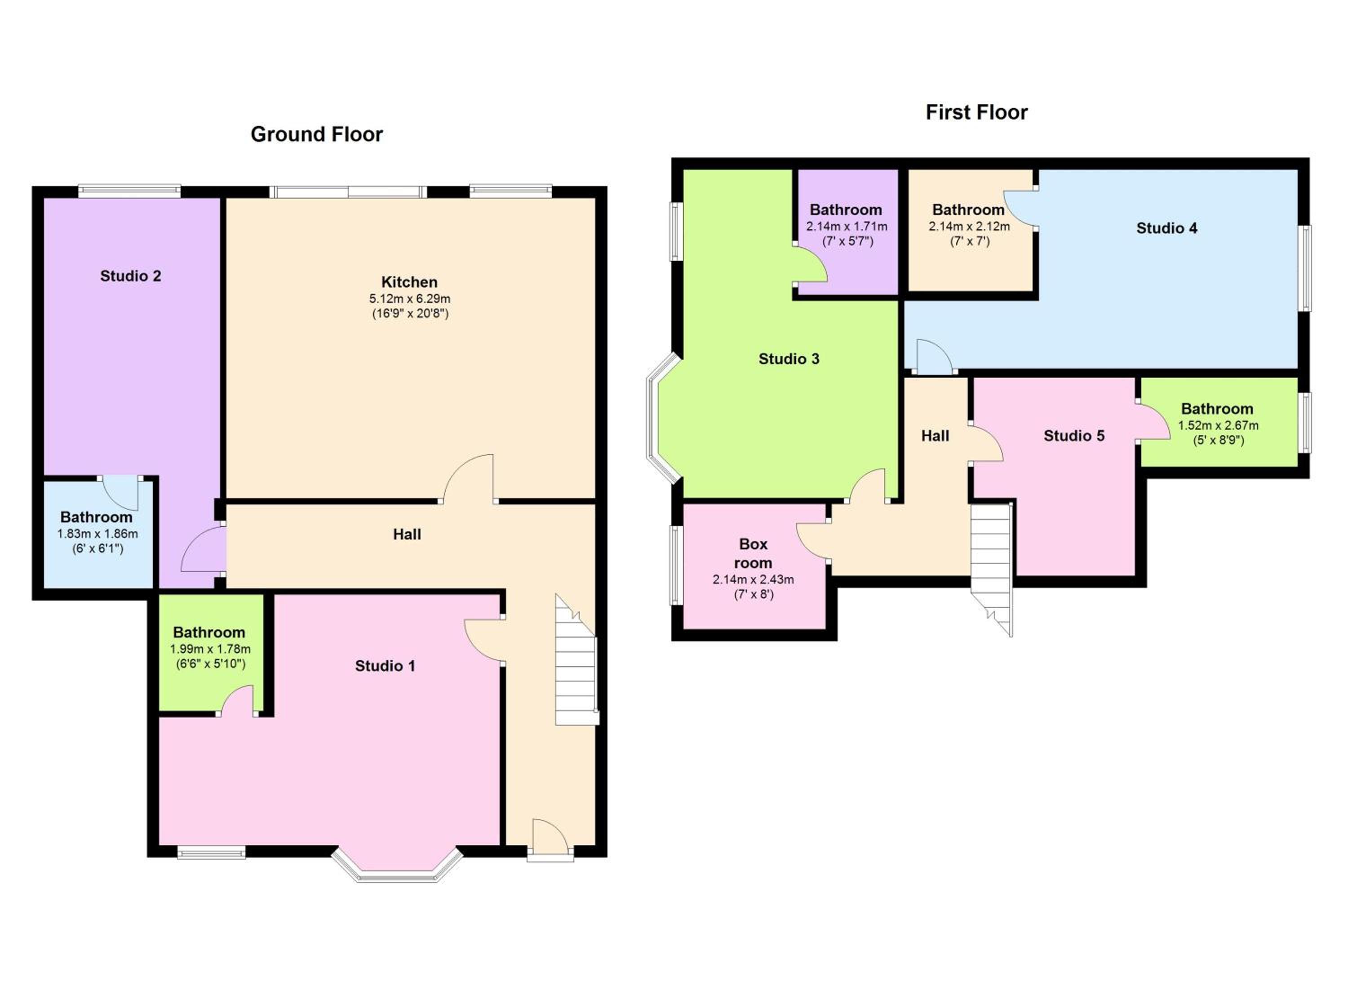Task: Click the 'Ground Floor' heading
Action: [x=317, y=135]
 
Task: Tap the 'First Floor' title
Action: [x=976, y=112]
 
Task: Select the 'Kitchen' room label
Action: [x=409, y=282]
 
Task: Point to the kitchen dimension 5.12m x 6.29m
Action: [x=409, y=299]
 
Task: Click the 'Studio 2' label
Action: [x=131, y=276]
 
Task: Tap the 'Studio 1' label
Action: [x=385, y=666]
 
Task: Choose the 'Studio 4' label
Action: [x=1167, y=227]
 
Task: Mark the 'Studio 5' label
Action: [x=1074, y=436]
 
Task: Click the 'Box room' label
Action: [x=753, y=553]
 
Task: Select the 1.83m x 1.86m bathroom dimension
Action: [x=98, y=533]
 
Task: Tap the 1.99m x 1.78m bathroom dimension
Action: [x=210, y=649]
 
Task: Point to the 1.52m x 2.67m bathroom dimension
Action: [x=1218, y=426]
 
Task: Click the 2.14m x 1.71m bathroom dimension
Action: [x=847, y=227]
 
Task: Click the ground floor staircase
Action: [x=576, y=660]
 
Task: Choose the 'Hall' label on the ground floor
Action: [x=407, y=535]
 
